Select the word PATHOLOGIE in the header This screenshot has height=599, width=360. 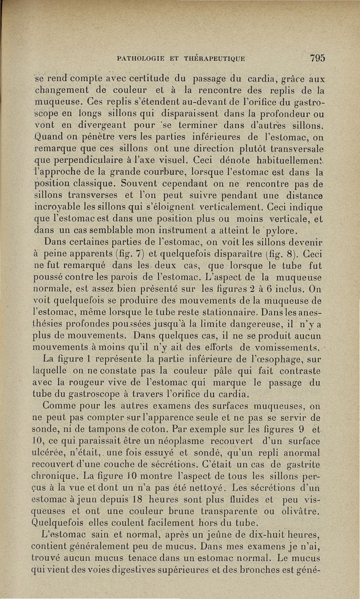click(139, 58)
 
